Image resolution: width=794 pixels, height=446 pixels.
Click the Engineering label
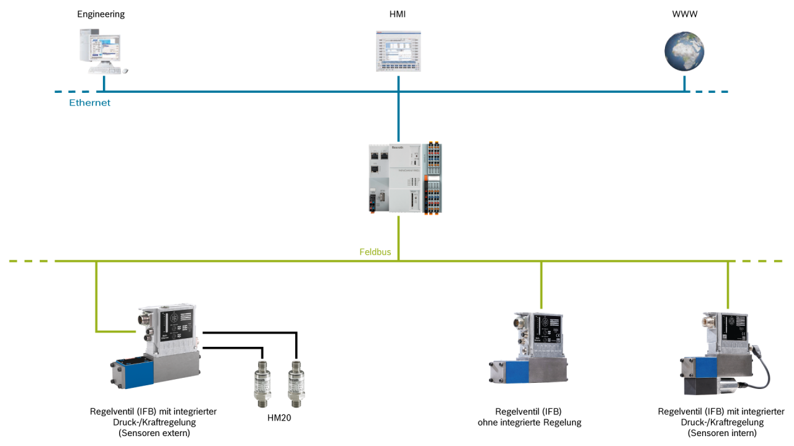pos(100,14)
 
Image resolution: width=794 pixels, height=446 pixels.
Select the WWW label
pos(684,14)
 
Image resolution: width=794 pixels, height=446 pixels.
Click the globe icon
pos(684,51)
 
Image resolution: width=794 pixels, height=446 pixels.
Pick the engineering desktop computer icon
pos(100,53)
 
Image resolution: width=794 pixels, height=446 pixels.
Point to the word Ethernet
pos(89,103)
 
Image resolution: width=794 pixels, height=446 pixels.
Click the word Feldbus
pos(375,252)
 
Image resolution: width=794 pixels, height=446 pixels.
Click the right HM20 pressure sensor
pos(295,384)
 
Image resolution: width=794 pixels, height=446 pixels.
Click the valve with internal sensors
pos(720,353)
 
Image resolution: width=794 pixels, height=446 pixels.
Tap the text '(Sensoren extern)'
pos(153,433)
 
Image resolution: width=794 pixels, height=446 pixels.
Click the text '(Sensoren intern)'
pos(721,433)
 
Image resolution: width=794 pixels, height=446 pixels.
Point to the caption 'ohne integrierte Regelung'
pos(529,422)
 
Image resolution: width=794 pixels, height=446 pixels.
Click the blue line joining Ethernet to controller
pos(398,118)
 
